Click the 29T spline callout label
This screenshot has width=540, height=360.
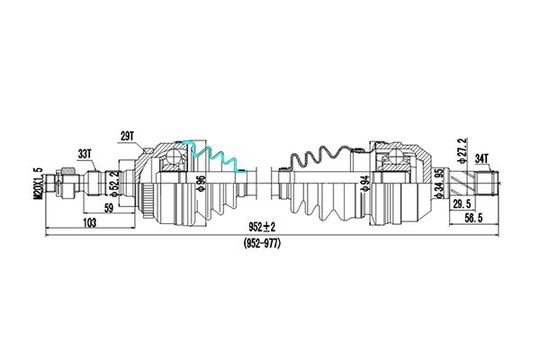[x=126, y=136]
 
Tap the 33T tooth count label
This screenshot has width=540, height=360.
[x=84, y=154]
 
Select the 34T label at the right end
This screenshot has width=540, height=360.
[x=481, y=158]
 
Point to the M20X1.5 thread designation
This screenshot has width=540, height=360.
[x=38, y=183]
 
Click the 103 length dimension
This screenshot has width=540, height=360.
[x=89, y=223]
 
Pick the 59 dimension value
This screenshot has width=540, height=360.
[x=109, y=209]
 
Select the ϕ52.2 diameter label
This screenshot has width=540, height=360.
[x=115, y=184]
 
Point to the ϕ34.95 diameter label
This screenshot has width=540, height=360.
[x=439, y=184]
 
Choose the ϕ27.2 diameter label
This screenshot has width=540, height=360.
[x=462, y=150]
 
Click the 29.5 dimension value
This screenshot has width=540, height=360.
[x=462, y=204]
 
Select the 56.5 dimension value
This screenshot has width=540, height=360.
[x=473, y=218]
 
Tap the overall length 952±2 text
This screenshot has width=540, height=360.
[x=263, y=227]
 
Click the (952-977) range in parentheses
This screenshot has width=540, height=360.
[x=262, y=244]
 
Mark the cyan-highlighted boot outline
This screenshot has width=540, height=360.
[x=211, y=156]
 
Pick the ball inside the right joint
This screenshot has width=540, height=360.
[x=397, y=157]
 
